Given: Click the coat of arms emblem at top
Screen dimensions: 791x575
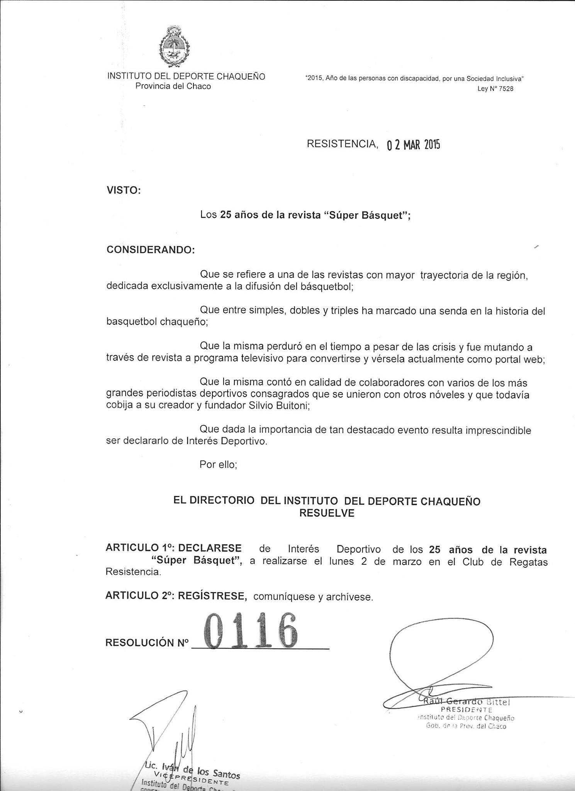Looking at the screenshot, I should tap(173, 47).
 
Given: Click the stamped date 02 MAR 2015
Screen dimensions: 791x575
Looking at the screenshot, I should tap(413, 145).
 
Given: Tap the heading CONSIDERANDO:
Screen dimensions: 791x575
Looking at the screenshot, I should tap(151, 250).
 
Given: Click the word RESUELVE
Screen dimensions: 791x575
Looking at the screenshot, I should tap(327, 513).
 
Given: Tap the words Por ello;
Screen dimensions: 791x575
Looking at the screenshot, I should tap(218, 464).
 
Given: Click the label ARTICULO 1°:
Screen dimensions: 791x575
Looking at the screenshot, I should tap(139, 548).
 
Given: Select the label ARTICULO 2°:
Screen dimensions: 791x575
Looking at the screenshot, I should tap(139, 596).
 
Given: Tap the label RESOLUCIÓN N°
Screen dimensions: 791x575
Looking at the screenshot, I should tap(147, 642).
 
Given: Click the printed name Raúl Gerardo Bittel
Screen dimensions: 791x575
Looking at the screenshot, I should tap(466, 701).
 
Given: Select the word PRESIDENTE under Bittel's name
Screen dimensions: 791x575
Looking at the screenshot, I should tap(466, 710).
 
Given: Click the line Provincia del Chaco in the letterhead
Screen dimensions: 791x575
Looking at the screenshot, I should tap(173, 86).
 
